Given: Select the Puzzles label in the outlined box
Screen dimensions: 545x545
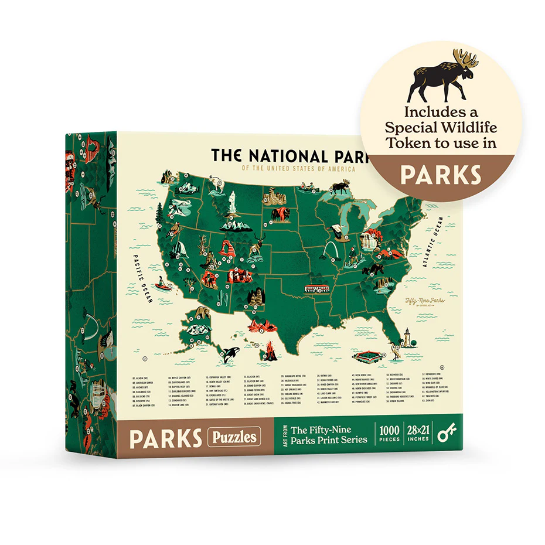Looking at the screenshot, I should (233, 437).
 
